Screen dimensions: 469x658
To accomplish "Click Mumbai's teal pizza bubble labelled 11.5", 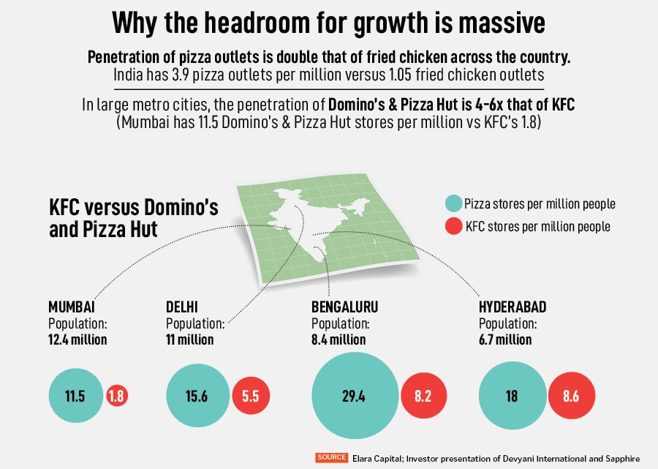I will (75, 397).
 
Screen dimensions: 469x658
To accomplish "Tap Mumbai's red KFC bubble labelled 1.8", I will (116, 397).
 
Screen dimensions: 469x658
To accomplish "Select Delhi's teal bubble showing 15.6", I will (197, 397).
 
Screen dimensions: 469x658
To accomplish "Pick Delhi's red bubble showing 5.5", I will (251, 397).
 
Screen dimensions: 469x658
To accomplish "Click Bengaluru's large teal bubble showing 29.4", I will (353, 397).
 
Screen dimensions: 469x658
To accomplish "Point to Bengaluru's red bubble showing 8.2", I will (423, 397).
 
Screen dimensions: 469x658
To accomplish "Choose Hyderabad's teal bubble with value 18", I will (511, 397).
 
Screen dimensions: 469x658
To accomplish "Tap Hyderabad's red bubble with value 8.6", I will (572, 397).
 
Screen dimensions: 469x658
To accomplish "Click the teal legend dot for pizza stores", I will (454, 204).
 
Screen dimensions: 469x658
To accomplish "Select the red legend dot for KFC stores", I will (454, 226).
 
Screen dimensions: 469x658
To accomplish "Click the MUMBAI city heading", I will (72, 307).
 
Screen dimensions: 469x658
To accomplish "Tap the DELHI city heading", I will (182, 307).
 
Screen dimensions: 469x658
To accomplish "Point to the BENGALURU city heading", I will (344, 307).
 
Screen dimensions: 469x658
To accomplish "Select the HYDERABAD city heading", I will (513, 307).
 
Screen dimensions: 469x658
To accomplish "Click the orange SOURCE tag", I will (332, 457).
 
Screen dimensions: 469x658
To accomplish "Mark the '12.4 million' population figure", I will (77, 339).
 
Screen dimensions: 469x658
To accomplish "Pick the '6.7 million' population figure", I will (505, 339).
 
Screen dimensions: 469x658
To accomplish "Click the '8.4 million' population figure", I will (339, 339).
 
